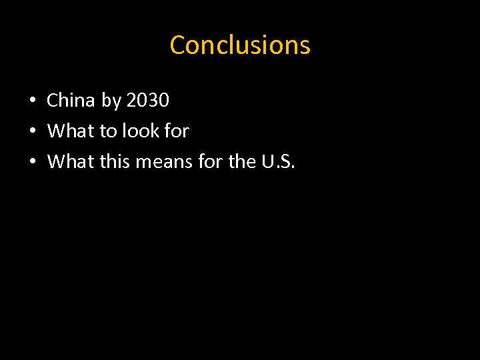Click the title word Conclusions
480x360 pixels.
pos(240,45)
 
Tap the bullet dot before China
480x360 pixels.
pos(32,101)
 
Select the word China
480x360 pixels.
pos(71,101)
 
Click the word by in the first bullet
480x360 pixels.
pos(111,101)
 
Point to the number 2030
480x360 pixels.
pos(147,101)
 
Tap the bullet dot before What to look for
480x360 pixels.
pos(32,132)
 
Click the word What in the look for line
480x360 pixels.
pos(71,131)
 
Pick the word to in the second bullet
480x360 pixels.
pos(108,131)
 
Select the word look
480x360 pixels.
pos(140,131)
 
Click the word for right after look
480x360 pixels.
pos(176,131)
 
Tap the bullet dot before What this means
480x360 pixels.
pos(32,162)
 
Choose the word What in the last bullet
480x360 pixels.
pos(71,161)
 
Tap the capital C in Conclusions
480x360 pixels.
pos(177,45)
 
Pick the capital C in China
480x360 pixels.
pos(52,101)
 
